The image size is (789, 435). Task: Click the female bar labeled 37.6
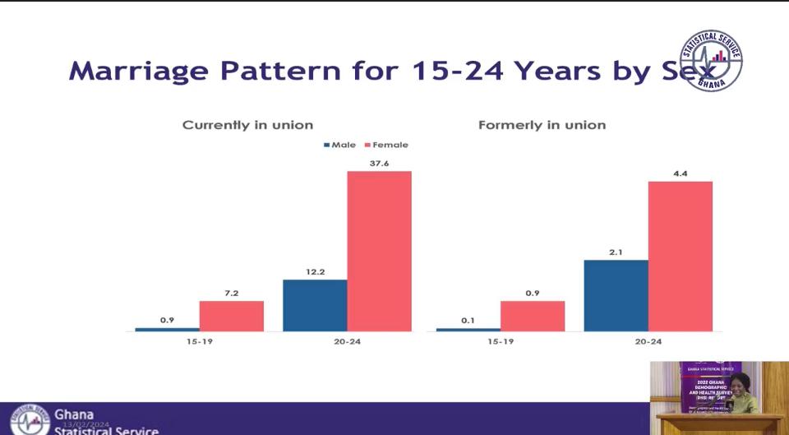379,251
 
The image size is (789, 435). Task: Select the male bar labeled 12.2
315,305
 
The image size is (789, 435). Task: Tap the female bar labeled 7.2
231,316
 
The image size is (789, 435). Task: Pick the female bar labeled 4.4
681,256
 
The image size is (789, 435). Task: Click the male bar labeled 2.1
616,295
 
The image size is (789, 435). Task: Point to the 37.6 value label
379,164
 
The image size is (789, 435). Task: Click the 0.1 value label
468,320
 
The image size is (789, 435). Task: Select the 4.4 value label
681,173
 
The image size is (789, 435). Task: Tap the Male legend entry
339,145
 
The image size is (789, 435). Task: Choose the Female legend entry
385,145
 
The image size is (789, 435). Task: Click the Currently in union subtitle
247,125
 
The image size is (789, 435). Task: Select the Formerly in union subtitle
542,125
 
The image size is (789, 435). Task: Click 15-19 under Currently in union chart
200,341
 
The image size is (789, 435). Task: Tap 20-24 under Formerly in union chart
648,341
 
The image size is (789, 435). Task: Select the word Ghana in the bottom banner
74,414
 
